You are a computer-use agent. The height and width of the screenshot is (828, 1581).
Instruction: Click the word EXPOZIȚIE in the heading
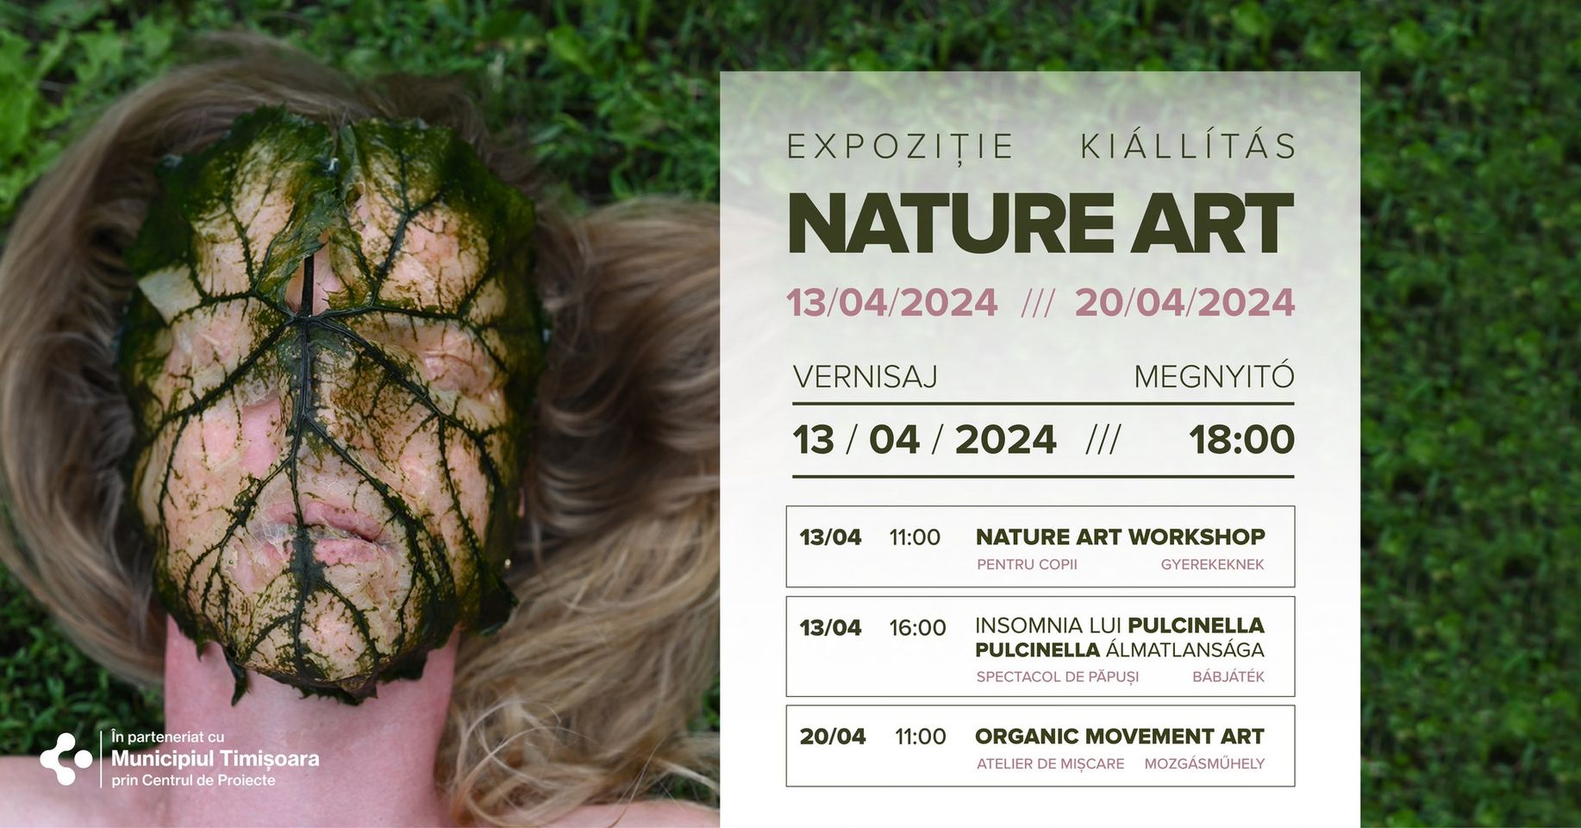(x=900, y=146)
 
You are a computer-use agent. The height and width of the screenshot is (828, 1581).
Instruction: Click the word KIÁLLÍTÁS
(x=1188, y=146)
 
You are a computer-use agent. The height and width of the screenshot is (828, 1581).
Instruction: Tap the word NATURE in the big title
(x=951, y=224)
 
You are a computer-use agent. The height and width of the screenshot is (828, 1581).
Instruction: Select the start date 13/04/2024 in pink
(x=892, y=303)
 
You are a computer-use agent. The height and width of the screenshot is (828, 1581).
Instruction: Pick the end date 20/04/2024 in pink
(x=1185, y=303)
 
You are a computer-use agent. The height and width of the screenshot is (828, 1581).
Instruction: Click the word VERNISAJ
(x=865, y=377)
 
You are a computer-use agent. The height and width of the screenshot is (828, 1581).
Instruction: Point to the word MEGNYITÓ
(x=1214, y=377)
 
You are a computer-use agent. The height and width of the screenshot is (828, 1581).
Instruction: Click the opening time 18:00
(x=1241, y=440)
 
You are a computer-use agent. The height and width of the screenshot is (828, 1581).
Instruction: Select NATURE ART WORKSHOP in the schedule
(x=1120, y=536)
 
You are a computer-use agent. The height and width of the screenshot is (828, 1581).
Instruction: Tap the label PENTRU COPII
(x=1027, y=565)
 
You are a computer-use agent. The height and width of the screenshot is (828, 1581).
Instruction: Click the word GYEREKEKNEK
(x=1212, y=565)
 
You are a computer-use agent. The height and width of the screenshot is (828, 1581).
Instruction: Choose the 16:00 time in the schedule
(x=917, y=628)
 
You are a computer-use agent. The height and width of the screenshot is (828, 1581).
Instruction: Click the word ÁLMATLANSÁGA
(x=1185, y=649)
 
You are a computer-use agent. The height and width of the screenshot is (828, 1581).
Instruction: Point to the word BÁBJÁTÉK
(x=1228, y=677)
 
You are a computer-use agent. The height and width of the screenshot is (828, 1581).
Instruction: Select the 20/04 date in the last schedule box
(x=832, y=737)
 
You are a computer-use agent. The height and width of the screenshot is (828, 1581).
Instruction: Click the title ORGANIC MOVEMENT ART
(x=1119, y=737)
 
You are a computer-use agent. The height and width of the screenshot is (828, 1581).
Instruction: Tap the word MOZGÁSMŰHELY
(x=1204, y=764)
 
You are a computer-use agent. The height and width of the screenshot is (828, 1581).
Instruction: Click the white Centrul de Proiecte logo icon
(x=66, y=759)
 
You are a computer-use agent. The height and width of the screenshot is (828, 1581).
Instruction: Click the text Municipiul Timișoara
(x=216, y=759)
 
